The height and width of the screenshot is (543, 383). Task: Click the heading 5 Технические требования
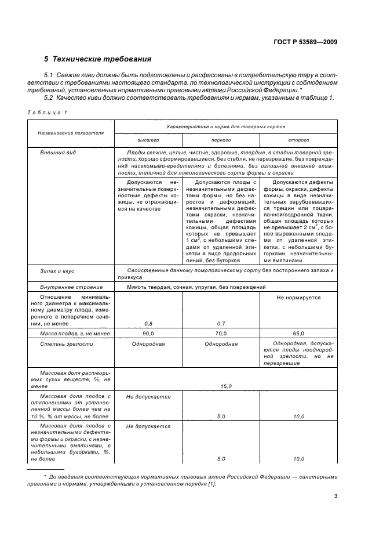[x=98, y=59]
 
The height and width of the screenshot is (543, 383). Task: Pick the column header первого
[x=221, y=140]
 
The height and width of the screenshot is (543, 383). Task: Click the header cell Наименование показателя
[x=71, y=133]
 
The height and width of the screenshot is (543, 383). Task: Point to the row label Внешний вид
[x=59, y=152]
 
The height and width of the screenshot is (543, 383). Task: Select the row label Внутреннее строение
[x=71, y=287]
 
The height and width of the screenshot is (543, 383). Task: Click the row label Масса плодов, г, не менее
[x=71, y=334]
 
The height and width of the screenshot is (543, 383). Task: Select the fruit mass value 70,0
[x=221, y=334]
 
